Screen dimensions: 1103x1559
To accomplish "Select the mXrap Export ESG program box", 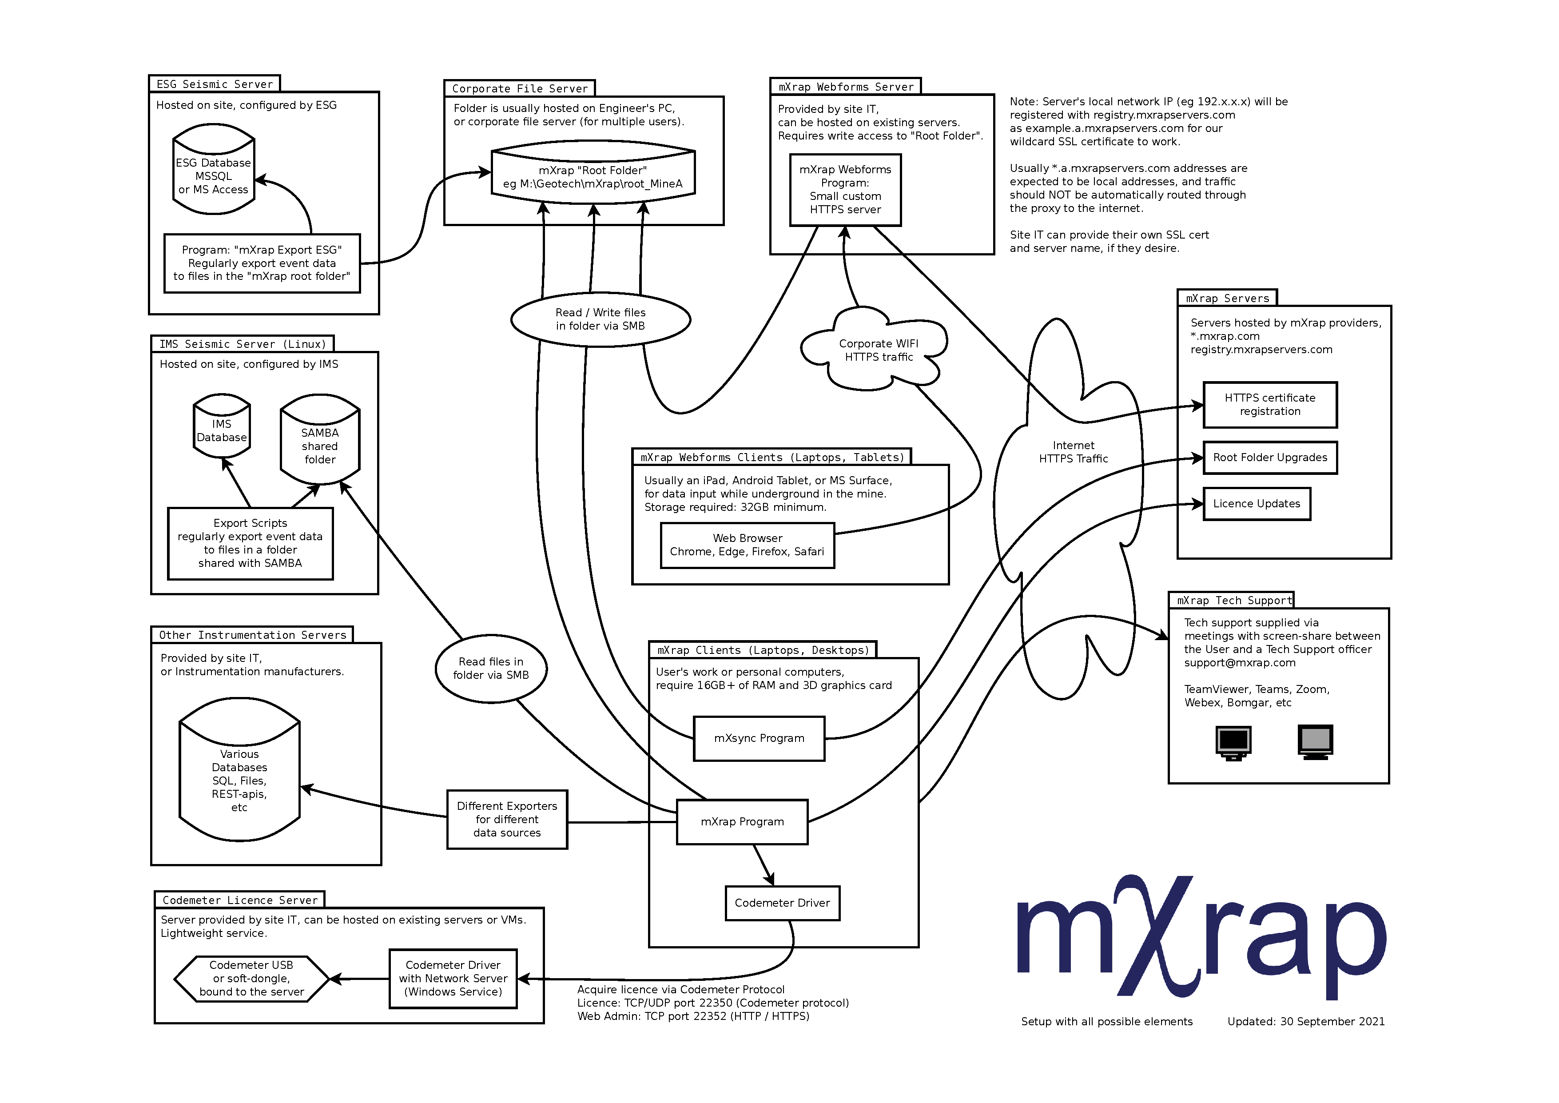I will [x=262, y=263].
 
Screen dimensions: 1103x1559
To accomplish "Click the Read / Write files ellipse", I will [x=600, y=319].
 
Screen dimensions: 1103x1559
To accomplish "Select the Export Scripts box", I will [x=250, y=543].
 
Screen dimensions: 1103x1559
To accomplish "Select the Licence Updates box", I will [x=1256, y=504].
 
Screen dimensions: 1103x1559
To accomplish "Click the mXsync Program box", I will [x=759, y=738].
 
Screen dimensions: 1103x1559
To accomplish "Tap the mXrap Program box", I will [x=742, y=822].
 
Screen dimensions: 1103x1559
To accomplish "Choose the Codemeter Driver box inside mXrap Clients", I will [x=782, y=903].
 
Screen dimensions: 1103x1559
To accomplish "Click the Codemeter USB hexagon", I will [x=251, y=979].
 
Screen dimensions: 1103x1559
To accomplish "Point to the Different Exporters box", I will [x=506, y=820].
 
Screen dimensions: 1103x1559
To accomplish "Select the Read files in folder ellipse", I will [x=490, y=668].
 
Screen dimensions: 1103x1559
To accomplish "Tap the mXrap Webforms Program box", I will [x=845, y=190].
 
